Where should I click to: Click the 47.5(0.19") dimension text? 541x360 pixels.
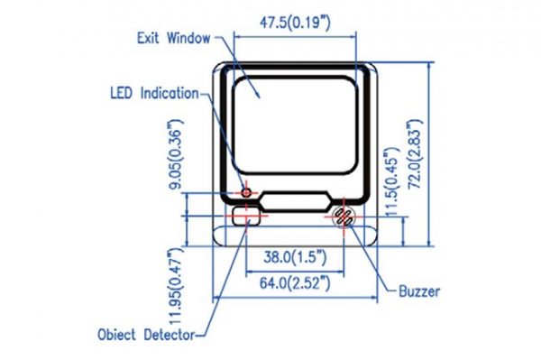pyautogui.click(x=295, y=23)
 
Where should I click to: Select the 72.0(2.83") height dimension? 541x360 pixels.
pyautogui.click(x=415, y=154)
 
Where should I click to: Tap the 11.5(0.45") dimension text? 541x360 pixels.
pyautogui.click(x=392, y=182)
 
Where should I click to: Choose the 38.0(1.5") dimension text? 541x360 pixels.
pyautogui.click(x=295, y=257)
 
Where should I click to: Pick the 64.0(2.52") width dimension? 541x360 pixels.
pyautogui.click(x=295, y=283)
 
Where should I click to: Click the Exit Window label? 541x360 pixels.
pyautogui.click(x=173, y=38)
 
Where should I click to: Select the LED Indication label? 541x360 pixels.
pyautogui.click(x=154, y=93)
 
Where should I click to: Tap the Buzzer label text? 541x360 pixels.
pyautogui.click(x=419, y=291)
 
